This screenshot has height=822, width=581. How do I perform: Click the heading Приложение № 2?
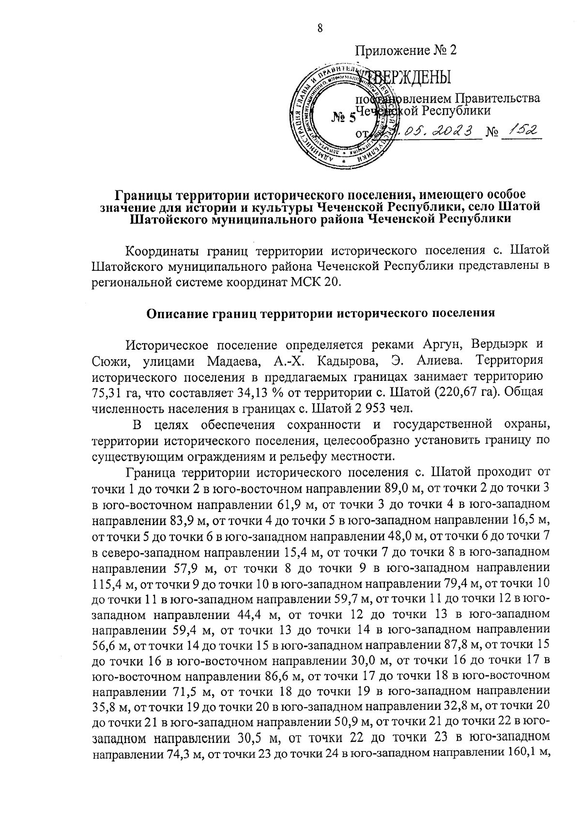click(406, 50)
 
